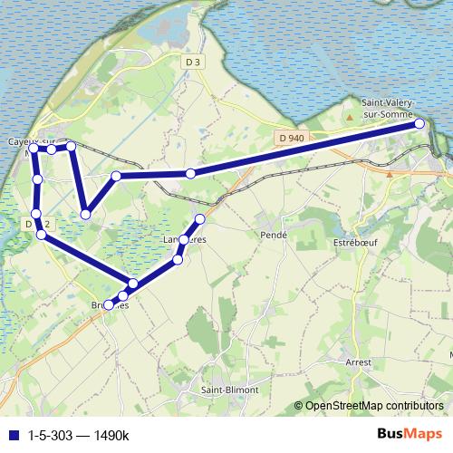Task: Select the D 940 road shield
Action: [289, 137]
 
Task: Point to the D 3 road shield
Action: [190, 62]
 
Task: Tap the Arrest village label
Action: [359, 360]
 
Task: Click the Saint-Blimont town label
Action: [229, 390]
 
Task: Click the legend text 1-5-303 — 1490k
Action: [79, 436]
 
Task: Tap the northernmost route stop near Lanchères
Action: [200, 220]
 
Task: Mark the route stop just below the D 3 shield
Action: [190, 173]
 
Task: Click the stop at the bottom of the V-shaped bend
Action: [85, 214]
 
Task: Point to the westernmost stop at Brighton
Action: [109, 305]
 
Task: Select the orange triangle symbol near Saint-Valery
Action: [350, 118]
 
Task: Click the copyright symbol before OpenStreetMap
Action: [299, 406]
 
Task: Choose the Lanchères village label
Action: [185, 239]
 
